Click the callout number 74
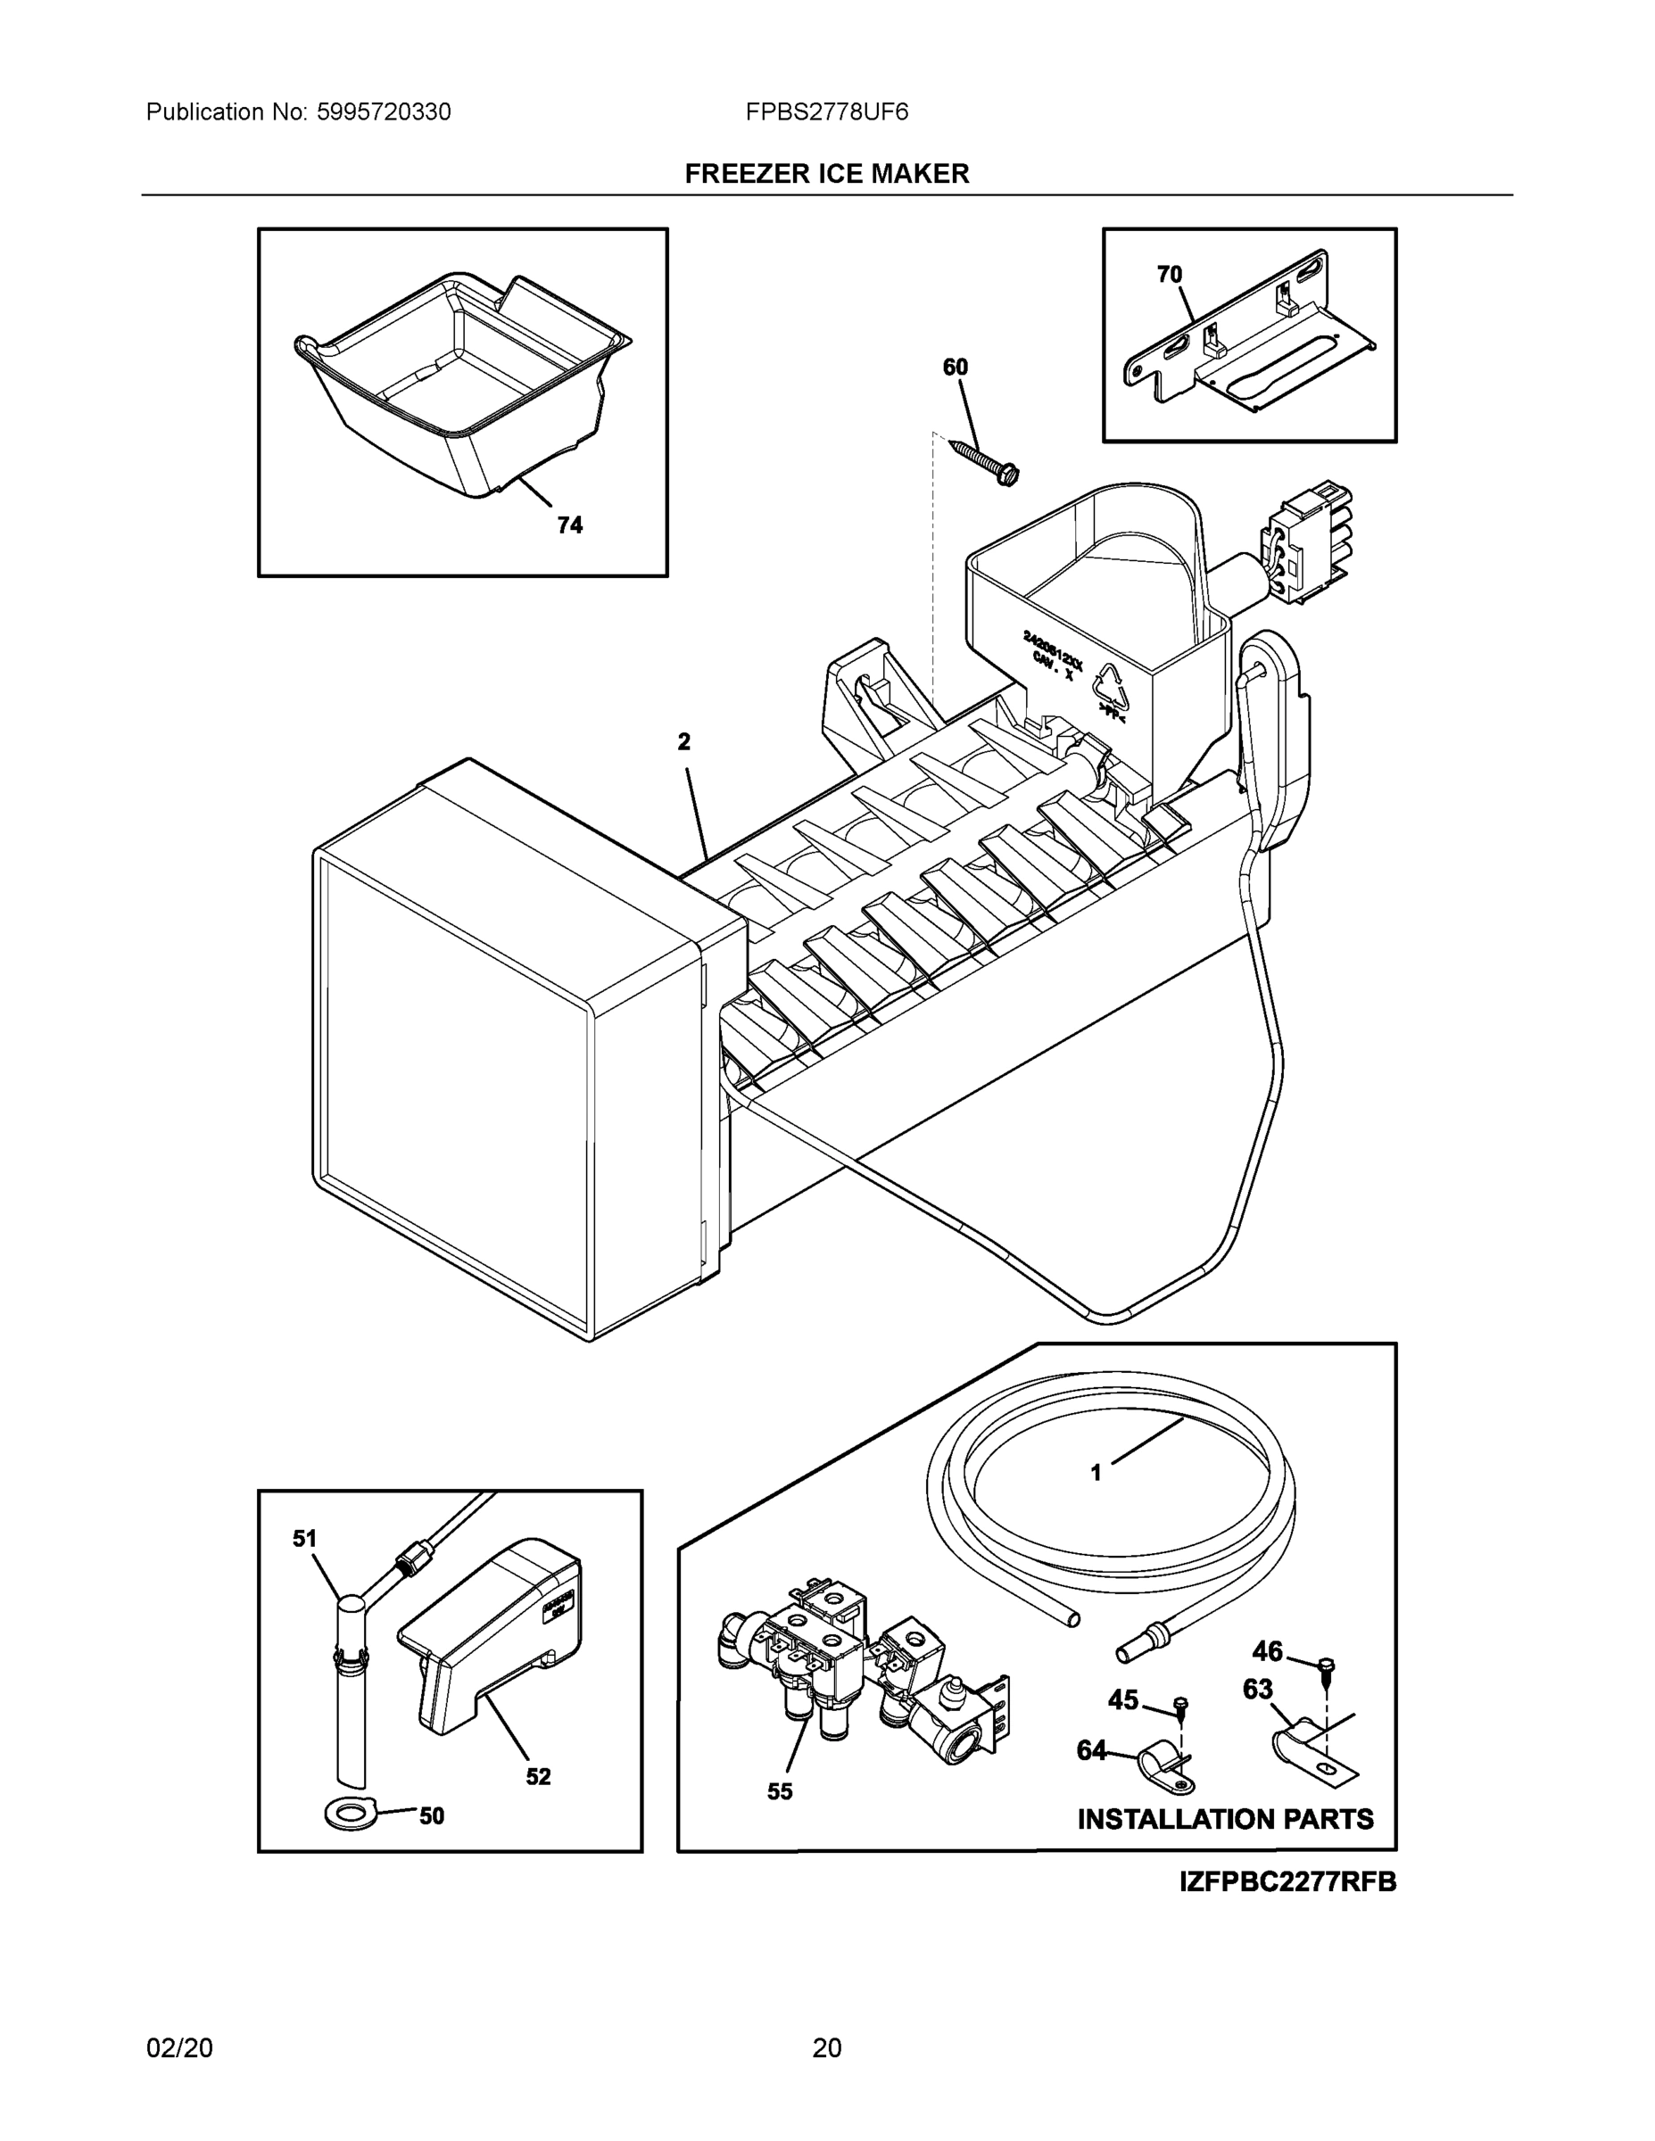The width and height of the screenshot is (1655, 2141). coord(568,525)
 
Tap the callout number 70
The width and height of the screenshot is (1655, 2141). coord(1169,276)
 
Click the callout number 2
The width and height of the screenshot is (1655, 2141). coord(683,742)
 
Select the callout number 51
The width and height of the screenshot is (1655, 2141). coord(305,1539)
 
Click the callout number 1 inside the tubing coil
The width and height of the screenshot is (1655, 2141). coord(1096,1500)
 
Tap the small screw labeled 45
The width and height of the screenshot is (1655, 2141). coord(1181,1707)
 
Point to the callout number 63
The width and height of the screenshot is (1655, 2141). coord(1257,1689)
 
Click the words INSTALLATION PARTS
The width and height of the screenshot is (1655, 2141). coord(1225,1820)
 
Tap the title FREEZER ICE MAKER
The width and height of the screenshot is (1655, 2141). coord(826,174)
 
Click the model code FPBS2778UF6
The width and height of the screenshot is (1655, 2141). coord(826,112)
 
